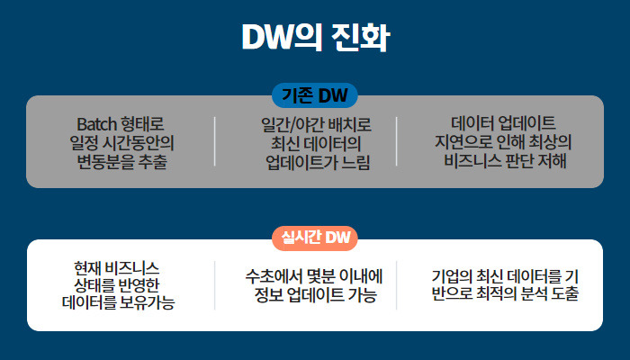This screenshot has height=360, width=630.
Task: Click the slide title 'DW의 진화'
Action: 315,38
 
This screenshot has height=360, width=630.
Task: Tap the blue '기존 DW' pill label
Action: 315,95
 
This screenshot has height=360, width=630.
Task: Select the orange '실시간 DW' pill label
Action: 315,238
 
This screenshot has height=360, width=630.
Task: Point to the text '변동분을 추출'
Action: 122,162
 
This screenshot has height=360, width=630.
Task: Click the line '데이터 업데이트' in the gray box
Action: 504,122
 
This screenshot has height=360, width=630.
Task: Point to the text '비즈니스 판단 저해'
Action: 505,162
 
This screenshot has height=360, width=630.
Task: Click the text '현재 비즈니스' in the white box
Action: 117,267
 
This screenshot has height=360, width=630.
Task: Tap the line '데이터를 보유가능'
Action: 118,303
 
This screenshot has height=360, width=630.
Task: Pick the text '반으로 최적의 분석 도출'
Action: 505,295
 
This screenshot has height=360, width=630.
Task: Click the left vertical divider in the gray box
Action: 214,141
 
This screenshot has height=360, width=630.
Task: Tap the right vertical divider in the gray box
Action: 397,141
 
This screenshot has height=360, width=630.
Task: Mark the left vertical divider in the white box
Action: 214,285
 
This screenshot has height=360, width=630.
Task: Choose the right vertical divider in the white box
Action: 397,285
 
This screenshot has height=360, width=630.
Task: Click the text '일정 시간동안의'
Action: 121,142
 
